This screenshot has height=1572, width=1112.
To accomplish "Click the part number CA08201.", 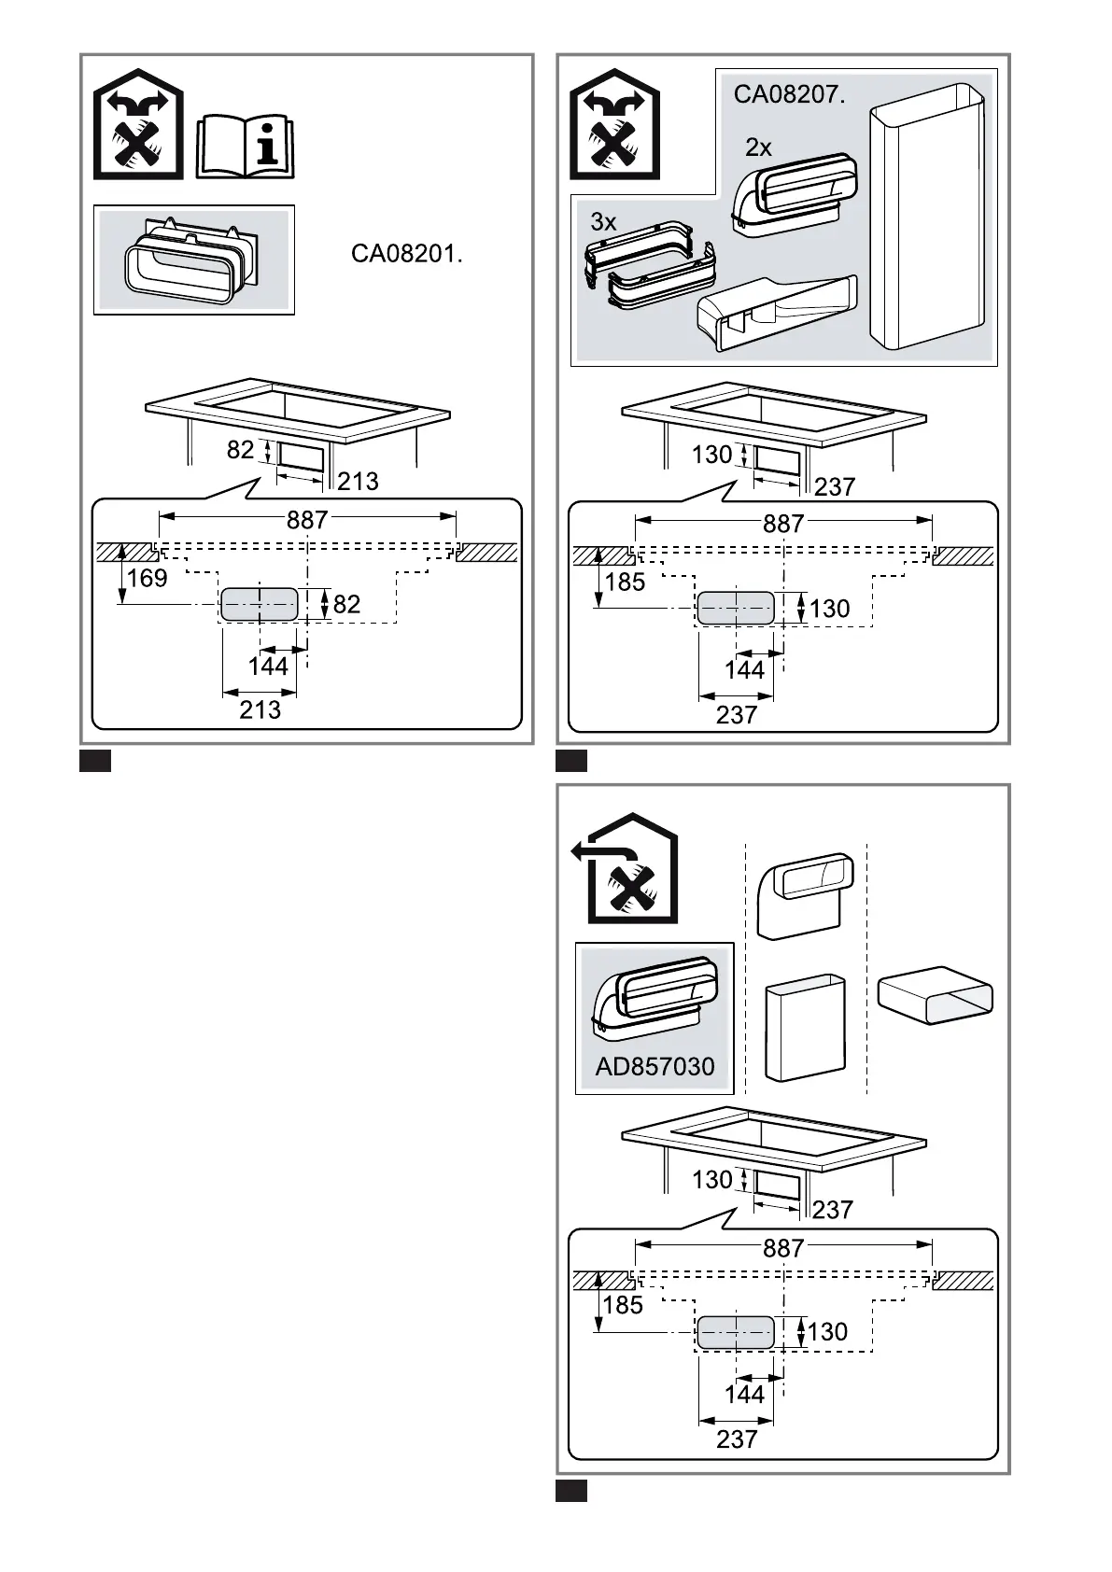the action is tap(406, 253).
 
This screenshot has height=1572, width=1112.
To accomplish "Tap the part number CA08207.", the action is tap(789, 94).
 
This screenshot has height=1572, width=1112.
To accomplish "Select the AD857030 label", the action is tap(655, 1066).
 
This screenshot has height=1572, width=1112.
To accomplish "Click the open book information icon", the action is tap(245, 147).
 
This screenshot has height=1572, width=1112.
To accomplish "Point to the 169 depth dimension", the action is tap(147, 578).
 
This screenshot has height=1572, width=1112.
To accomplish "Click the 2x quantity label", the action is tap(758, 147).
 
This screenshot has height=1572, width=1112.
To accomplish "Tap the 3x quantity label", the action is tap(603, 222).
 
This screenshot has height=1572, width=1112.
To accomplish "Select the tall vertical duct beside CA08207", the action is tap(926, 217).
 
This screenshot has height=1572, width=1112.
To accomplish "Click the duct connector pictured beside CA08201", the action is tap(191, 260).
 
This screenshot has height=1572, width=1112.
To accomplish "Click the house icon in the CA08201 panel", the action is tap(138, 123).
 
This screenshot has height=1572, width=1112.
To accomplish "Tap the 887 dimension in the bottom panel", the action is tap(782, 1248).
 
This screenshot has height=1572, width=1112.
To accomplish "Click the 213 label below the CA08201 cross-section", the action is tap(260, 710).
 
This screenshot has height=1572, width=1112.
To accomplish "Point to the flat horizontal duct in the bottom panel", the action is tap(936, 995).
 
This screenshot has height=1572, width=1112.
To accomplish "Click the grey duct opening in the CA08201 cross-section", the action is tap(259, 604).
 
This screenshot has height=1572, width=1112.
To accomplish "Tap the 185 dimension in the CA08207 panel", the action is tap(624, 582).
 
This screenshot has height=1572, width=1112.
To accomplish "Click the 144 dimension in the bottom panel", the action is tap(744, 1394).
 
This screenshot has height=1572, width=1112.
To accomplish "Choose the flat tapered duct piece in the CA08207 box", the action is tap(777, 313).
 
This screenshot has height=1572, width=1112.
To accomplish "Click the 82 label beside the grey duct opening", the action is tap(346, 604).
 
